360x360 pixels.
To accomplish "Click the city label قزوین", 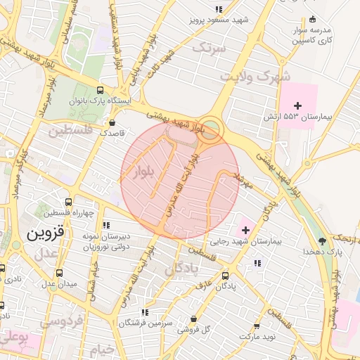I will tap(46, 231).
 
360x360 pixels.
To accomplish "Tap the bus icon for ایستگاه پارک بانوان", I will tap(100, 90).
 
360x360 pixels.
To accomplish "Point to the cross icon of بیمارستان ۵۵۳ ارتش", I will tap(297, 105).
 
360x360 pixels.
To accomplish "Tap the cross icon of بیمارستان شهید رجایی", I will tap(245, 229).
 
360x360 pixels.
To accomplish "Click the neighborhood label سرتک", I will tap(210, 49).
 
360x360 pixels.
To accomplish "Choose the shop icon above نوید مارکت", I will tap(257, 326).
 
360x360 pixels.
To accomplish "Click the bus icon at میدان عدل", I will tap(59, 273).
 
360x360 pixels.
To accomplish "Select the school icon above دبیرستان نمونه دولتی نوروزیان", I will tap(106, 225).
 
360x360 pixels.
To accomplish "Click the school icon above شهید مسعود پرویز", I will tap(219, 9).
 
